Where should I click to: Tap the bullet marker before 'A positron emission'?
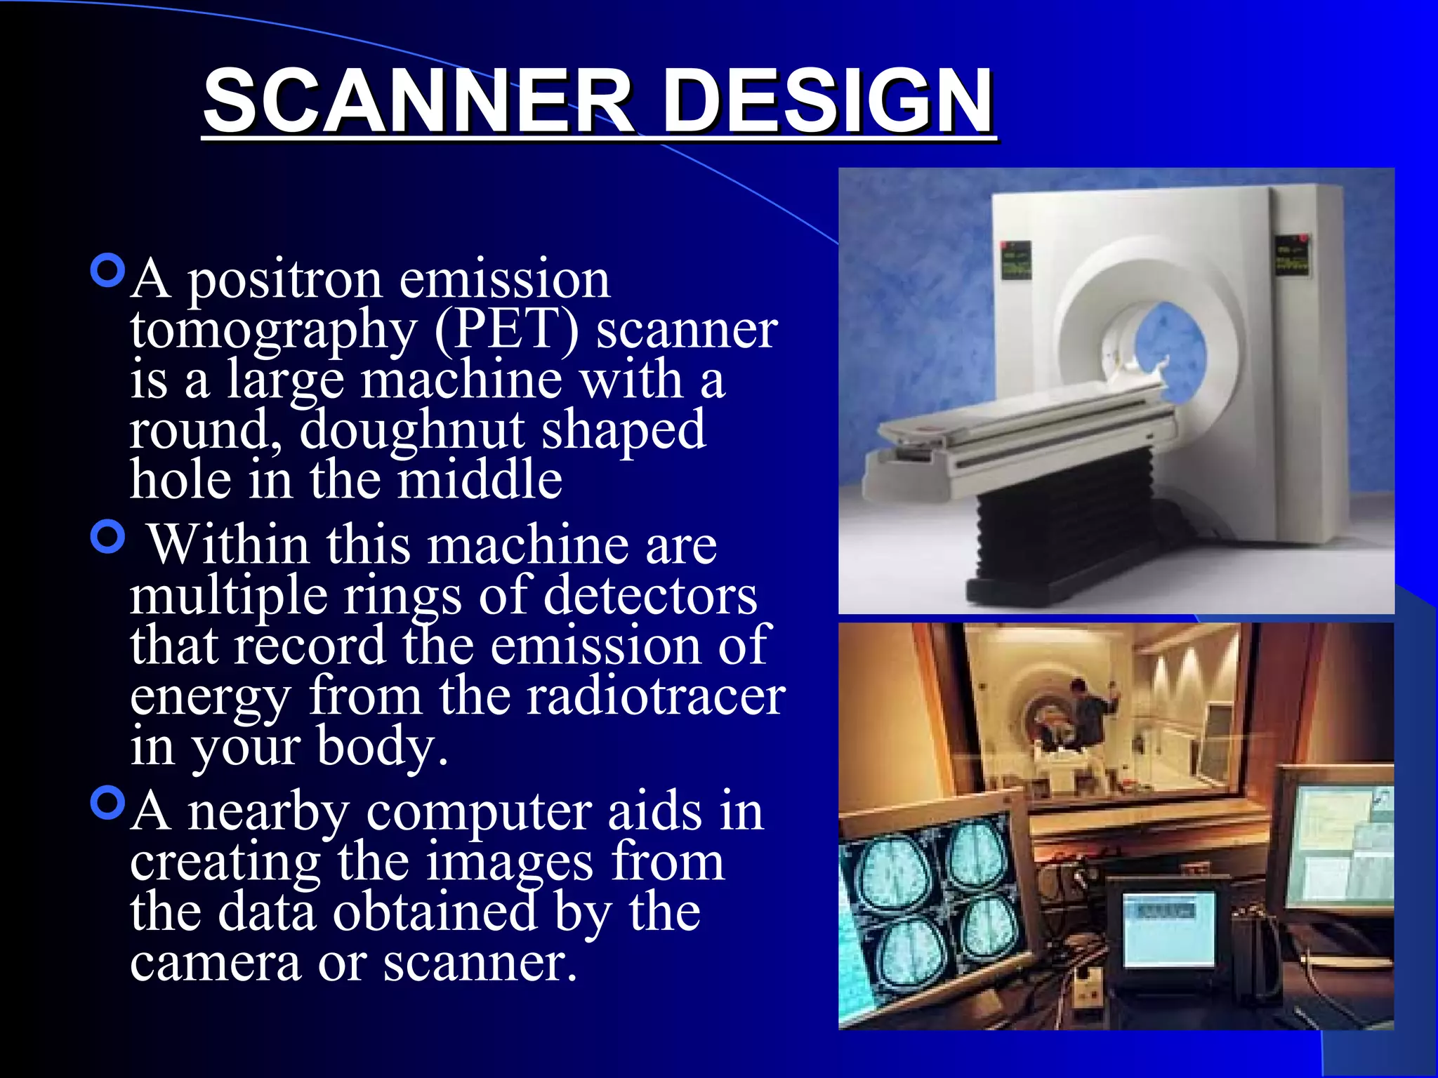click(108, 271)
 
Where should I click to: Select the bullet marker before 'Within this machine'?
click(108, 538)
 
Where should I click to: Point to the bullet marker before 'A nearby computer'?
click(108, 803)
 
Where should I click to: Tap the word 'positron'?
click(285, 280)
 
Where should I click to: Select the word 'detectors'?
click(650, 595)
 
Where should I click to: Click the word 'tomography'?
click(273, 330)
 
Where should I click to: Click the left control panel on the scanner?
click(1015, 260)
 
